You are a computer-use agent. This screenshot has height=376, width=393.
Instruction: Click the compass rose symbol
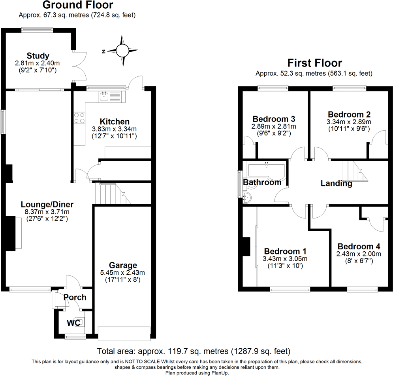pyautogui.click(x=122, y=51)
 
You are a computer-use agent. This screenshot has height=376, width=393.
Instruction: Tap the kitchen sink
pyautogui.click(x=105, y=95)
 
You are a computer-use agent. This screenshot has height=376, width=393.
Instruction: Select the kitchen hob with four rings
pyautogui.click(x=79, y=117)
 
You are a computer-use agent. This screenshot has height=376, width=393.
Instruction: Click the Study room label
pyautogui.click(x=38, y=55)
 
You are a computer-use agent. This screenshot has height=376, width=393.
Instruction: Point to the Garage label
pyautogui.click(x=123, y=265)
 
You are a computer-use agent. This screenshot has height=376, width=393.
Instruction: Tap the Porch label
pyautogui.click(x=75, y=297)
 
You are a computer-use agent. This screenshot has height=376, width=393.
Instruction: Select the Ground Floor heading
pyautogui.click(x=77, y=5)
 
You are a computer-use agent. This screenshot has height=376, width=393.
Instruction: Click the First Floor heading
pyautogui.click(x=314, y=63)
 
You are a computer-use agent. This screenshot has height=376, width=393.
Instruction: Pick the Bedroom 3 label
pyautogui.click(x=274, y=119)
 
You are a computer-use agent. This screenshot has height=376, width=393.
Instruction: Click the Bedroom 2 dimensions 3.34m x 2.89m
pyautogui.click(x=349, y=122)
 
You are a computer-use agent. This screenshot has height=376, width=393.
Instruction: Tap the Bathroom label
pyautogui.click(x=262, y=182)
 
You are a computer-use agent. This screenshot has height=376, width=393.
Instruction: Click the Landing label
pyautogui.click(x=336, y=184)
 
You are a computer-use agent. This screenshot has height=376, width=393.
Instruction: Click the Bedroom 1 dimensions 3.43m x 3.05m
pyautogui.click(x=285, y=259)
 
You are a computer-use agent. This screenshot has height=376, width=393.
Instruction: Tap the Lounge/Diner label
pyautogui.click(x=47, y=205)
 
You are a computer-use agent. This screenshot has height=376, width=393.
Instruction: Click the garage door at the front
pyautogui.click(x=124, y=333)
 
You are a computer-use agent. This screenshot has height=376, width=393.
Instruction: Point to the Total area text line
pyautogui.click(x=194, y=351)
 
